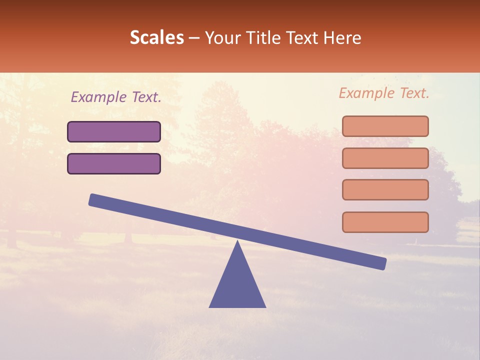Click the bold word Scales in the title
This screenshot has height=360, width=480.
pyautogui.click(x=156, y=38)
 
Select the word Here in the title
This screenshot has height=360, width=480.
pyautogui.click(x=342, y=38)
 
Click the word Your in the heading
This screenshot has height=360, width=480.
pyautogui.click(x=222, y=38)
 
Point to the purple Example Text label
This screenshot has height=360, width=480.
pyautogui.click(x=116, y=97)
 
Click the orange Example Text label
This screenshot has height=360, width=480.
pyautogui.click(x=384, y=93)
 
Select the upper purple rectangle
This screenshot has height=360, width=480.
pyautogui.click(x=114, y=132)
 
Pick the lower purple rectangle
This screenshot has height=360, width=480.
pyautogui.click(x=114, y=163)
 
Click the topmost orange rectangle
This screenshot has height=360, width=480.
pyautogui.click(x=385, y=126)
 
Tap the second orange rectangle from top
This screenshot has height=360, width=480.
pyautogui.click(x=385, y=158)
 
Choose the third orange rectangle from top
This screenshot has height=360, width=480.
pyautogui.click(x=385, y=190)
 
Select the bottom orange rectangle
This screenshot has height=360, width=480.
pyautogui.click(x=385, y=222)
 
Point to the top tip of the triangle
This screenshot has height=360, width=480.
pyautogui.click(x=237, y=243)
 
